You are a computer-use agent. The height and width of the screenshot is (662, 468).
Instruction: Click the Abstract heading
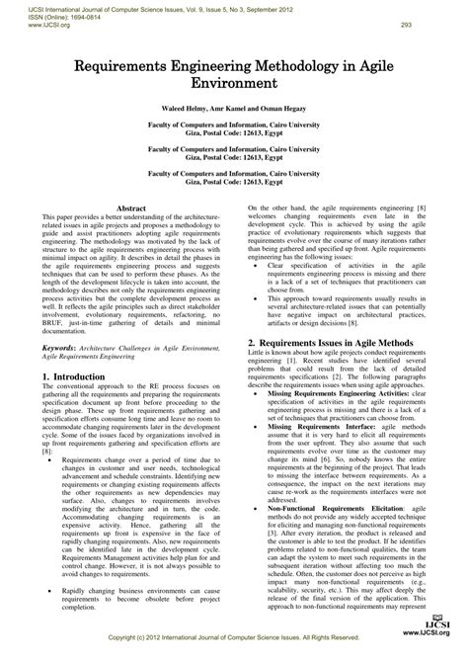pyautogui.click(x=131, y=210)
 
